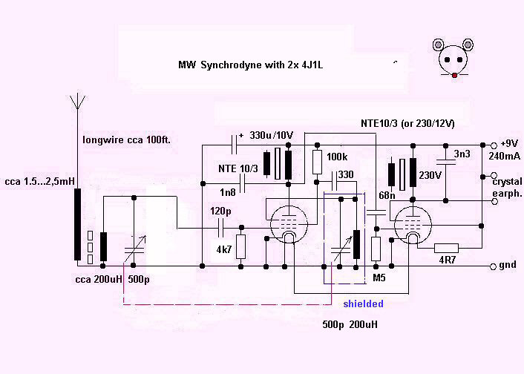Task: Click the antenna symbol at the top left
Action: [x=77, y=102]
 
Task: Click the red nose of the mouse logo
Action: [x=454, y=76]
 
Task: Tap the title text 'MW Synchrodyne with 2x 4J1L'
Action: [x=251, y=65]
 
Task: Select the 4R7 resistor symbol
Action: [x=446, y=249]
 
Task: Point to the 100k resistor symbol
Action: [x=317, y=162]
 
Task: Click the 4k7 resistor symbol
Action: [x=240, y=246]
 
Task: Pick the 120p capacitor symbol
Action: [x=221, y=229]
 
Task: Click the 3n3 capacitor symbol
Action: [x=446, y=162]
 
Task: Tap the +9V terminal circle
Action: [x=494, y=145]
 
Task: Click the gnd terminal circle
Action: [x=493, y=266]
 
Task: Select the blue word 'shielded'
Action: [x=363, y=304]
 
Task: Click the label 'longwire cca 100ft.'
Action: [x=127, y=140]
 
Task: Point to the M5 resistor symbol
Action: [x=376, y=249]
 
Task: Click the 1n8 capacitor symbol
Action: [x=243, y=184]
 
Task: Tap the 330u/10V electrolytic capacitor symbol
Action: [x=235, y=145]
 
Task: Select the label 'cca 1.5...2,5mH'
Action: [x=39, y=182]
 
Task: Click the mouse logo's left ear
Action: [x=438, y=45]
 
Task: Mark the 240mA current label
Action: [x=504, y=156]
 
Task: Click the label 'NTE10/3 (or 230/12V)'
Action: [x=407, y=123]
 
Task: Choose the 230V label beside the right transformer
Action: [x=430, y=175]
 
